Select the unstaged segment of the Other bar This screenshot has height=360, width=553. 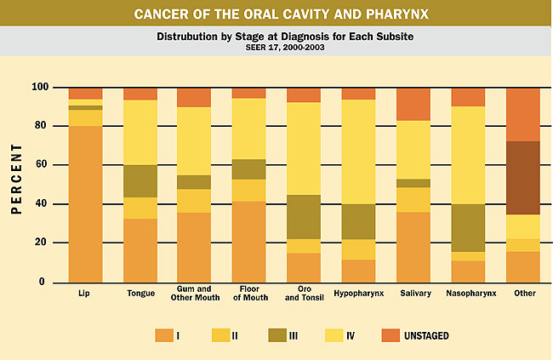pos(522,114)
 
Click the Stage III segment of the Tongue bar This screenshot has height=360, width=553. pos(140,180)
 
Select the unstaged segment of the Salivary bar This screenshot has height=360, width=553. pos(413,104)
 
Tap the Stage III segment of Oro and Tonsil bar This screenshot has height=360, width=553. pos(304,217)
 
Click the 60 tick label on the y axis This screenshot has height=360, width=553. pos(40,165)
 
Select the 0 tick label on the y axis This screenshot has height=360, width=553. pos(43,282)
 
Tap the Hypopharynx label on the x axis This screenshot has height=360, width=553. pos(358,293)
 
